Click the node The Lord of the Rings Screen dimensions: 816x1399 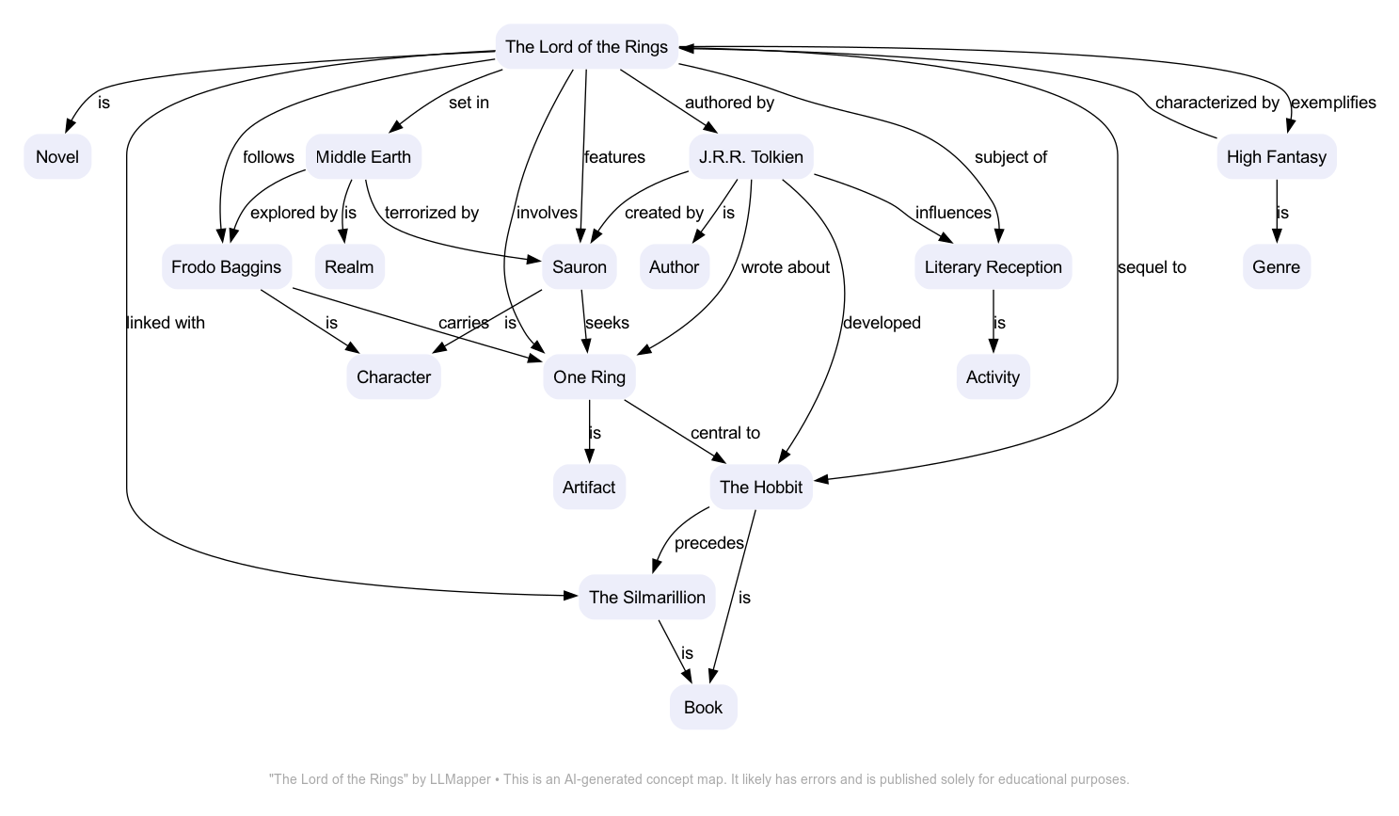point(586,47)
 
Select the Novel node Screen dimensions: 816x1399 point(57,157)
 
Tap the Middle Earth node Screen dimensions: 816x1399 point(363,157)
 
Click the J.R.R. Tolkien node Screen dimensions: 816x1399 point(751,157)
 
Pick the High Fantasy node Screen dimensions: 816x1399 point(1276,157)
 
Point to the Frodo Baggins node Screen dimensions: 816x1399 point(226,267)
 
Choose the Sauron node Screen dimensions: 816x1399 point(580,267)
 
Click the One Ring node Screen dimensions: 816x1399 point(589,377)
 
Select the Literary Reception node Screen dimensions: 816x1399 point(993,267)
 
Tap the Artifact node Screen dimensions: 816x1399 point(589,488)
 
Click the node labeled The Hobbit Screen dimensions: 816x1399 point(760,488)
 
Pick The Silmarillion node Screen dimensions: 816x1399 point(646,598)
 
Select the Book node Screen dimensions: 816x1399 point(703,708)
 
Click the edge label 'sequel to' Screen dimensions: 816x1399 point(1152,267)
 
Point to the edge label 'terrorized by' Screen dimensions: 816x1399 point(432,213)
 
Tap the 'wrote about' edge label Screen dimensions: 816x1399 point(785,267)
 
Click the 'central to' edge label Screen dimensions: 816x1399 point(724,433)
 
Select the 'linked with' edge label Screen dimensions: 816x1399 point(166,323)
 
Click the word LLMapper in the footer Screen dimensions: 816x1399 point(460,779)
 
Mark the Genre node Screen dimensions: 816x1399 point(1276,267)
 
